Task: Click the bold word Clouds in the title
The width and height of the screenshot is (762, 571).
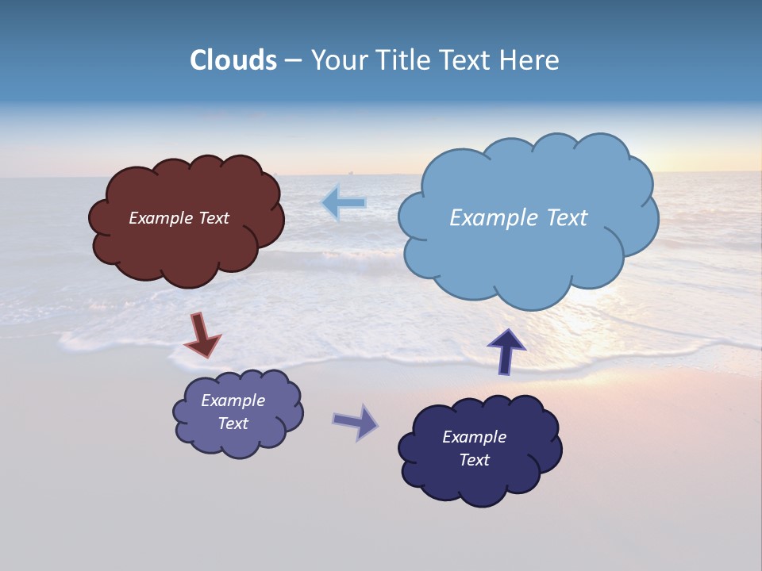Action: pos(233,60)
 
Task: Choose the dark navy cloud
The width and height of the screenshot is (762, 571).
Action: pos(479,484)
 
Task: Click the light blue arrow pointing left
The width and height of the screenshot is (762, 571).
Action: pos(344,203)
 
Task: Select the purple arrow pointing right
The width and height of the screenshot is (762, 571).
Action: pos(356,422)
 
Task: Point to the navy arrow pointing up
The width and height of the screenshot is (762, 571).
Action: pos(506,351)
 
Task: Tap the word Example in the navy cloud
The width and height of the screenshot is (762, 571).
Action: pos(474,437)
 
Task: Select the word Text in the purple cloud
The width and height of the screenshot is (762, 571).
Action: pos(233,423)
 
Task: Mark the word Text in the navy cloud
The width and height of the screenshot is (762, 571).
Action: pos(474,460)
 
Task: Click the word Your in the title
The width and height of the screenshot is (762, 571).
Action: pos(337,60)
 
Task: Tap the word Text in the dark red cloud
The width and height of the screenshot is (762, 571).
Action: pos(214,218)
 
